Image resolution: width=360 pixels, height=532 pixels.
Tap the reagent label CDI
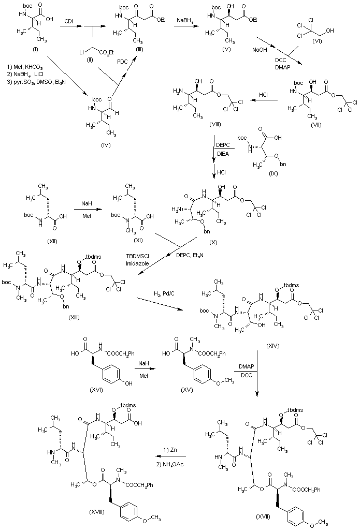tap(68, 20)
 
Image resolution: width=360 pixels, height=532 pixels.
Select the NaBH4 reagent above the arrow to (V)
tap(188, 21)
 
